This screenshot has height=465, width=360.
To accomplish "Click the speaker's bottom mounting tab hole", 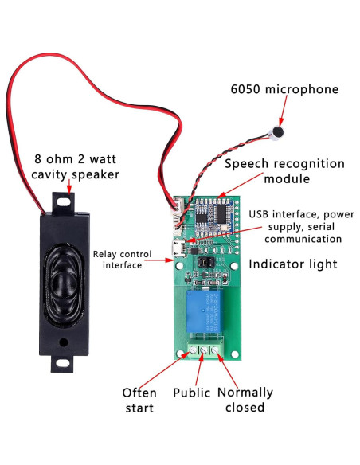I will click(62, 363).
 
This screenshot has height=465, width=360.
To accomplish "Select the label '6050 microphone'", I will click(284, 89).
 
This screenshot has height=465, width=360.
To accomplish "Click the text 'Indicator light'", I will click(293, 264).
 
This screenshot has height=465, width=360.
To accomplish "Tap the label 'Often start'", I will click(139, 400).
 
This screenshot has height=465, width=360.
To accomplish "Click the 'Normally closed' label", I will click(245, 400).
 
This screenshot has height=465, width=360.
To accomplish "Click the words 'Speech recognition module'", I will click(285, 171).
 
